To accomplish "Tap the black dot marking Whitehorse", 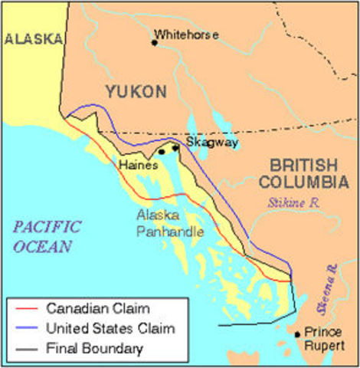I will (x=154, y=42).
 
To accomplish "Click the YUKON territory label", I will (x=136, y=92).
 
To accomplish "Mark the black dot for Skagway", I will (x=176, y=148).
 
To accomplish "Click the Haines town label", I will (x=138, y=165).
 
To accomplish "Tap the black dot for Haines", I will (x=161, y=152).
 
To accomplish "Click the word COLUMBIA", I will (x=303, y=182).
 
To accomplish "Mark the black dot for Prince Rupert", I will (x=296, y=334).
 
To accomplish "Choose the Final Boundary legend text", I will (x=94, y=349).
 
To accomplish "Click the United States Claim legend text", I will (x=110, y=329).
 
